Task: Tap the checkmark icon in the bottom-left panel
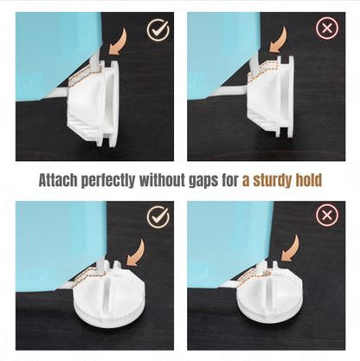click(x=157, y=216)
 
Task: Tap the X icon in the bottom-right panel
click(x=327, y=216)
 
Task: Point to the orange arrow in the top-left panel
click(x=119, y=43)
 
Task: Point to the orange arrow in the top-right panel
click(x=280, y=41)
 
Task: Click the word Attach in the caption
click(x=58, y=181)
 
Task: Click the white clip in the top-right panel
click(x=271, y=98)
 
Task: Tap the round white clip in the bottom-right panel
click(x=267, y=292)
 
